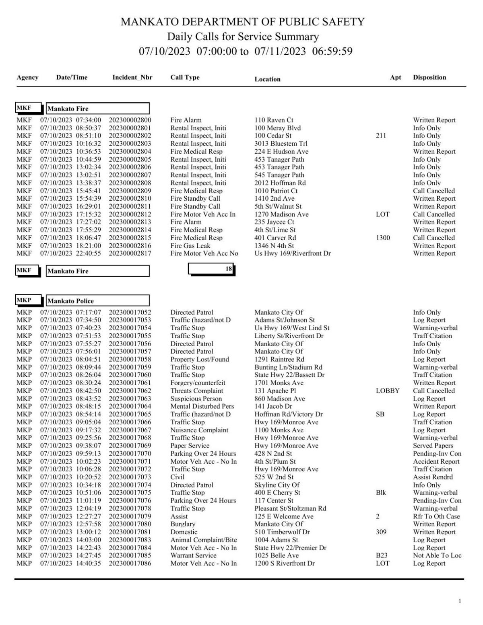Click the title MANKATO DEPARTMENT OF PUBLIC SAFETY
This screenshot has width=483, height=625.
[x=243, y=22]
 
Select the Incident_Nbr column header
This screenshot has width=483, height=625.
[x=132, y=77]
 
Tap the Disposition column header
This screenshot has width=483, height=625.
[x=429, y=77]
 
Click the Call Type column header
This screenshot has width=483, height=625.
[x=185, y=77]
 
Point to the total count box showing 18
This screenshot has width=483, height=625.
[x=211, y=269]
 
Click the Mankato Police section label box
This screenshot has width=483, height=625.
[x=97, y=301]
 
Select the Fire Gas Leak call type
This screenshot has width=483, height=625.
[x=190, y=246]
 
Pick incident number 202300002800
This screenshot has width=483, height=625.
[x=130, y=120]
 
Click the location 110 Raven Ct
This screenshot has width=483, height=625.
[x=274, y=120]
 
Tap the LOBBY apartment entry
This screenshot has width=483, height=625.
[x=387, y=391]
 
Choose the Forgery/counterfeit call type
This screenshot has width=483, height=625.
[x=198, y=383]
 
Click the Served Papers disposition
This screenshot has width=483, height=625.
[x=433, y=446]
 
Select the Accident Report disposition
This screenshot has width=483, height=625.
[x=436, y=461]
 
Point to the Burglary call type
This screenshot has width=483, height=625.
[x=183, y=524]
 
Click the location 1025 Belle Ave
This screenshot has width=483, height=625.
[x=277, y=555]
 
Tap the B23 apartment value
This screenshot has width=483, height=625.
[x=381, y=555]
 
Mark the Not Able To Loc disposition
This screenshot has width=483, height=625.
[x=437, y=555]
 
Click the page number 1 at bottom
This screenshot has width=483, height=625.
[x=460, y=601]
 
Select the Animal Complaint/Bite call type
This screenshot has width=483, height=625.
[x=203, y=540]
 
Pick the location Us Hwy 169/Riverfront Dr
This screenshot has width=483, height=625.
[x=292, y=253]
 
